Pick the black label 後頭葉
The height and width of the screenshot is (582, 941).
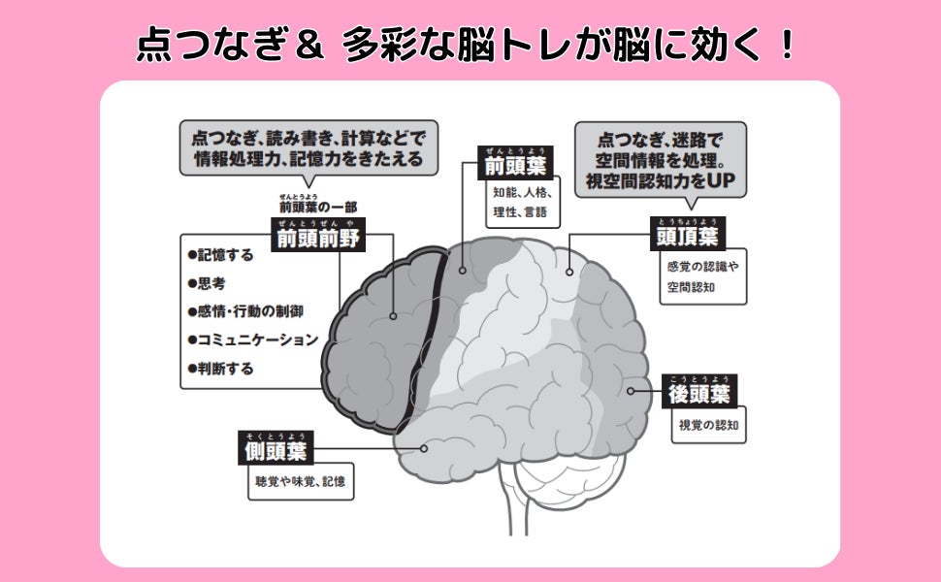pos(700,394)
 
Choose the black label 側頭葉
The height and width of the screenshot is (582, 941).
pos(275,452)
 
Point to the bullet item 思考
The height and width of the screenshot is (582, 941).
pos(211,283)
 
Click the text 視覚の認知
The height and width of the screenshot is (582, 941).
pos(707,425)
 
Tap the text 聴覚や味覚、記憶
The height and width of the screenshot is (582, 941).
pos(300,481)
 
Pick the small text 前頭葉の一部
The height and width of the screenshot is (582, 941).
pos(314,207)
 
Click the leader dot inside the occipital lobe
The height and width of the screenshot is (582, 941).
pos(631,391)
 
